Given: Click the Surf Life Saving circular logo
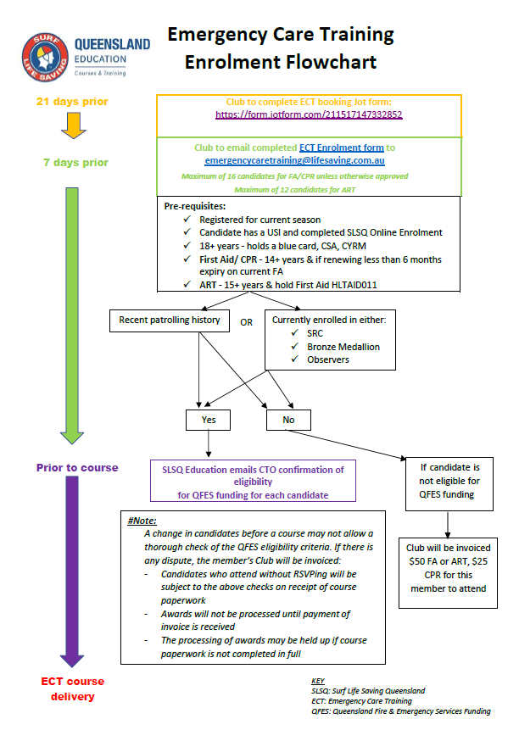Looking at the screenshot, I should pyautogui.click(x=46, y=57).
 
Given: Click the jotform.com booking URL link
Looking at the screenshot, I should pyautogui.click(x=309, y=114).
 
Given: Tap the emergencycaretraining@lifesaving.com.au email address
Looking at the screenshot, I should pyautogui.click(x=294, y=159).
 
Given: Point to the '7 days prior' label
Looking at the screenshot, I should pyautogui.click(x=75, y=162).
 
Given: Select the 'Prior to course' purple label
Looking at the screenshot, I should pyautogui.click(x=77, y=467).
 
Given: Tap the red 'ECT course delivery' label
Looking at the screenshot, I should pyautogui.click(x=73, y=688).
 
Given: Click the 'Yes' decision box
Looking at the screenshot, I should pyautogui.click(x=208, y=419).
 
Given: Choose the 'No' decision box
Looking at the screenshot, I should pyautogui.click(x=287, y=419).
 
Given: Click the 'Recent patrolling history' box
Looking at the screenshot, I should pyautogui.click(x=170, y=320).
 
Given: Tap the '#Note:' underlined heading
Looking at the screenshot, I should pyautogui.click(x=142, y=520).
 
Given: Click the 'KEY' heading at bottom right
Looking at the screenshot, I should pyautogui.click(x=317, y=680).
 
